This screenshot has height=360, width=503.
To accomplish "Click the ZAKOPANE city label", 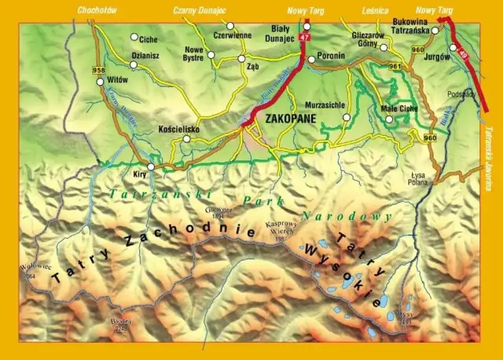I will (292, 119).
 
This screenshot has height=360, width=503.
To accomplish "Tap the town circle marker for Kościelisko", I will (186, 139).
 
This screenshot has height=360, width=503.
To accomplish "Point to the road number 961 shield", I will (395, 66).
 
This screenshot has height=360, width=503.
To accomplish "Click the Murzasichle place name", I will (319, 104).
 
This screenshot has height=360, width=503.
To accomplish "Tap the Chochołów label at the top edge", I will (97, 10).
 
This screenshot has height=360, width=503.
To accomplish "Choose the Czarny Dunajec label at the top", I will (199, 10).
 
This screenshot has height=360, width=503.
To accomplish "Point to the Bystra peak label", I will (119, 323).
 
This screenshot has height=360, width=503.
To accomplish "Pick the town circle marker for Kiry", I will (150, 166).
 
